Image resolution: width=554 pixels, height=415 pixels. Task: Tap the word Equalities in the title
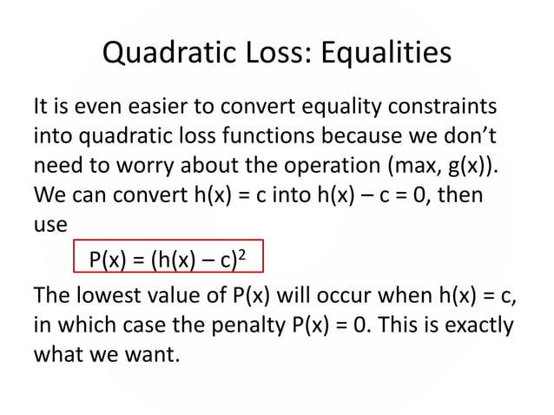coord(386,54)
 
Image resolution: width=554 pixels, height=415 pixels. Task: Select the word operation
coord(318,165)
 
